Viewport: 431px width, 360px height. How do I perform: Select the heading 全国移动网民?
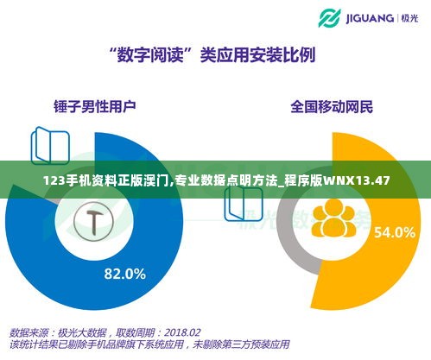[332, 108]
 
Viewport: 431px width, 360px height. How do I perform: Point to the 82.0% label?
[124, 275]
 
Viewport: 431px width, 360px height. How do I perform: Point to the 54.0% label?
[393, 231]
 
